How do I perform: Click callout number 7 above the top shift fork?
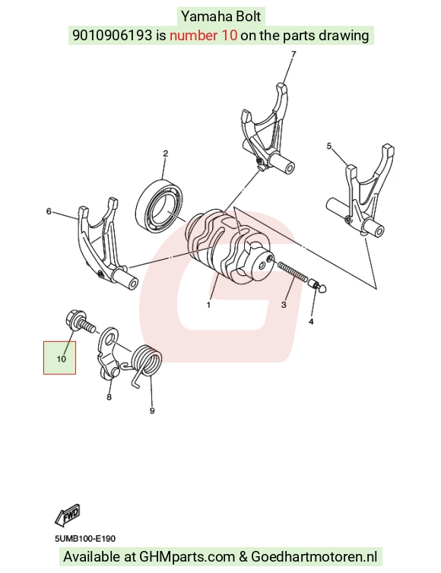click(x=293, y=54)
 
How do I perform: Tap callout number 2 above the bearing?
click(x=165, y=154)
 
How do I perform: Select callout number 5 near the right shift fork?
click(x=328, y=146)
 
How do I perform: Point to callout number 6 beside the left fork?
click(x=49, y=211)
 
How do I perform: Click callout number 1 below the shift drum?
click(x=208, y=305)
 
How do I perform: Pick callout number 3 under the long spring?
click(x=284, y=305)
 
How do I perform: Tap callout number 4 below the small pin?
click(x=311, y=321)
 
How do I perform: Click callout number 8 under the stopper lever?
click(x=109, y=397)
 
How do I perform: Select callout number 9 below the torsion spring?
click(x=152, y=410)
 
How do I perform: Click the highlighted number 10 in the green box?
click(x=61, y=359)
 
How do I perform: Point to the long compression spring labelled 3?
click(x=292, y=271)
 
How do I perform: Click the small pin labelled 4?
click(x=317, y=286)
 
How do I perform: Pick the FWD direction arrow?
click(x=68, y=516)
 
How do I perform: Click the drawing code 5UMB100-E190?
click(x=85, y=539)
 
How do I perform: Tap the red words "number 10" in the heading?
click(x=203, y=36)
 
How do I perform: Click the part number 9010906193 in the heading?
click(x=112, y=36)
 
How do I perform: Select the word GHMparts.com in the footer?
click(x=187, y=557)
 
